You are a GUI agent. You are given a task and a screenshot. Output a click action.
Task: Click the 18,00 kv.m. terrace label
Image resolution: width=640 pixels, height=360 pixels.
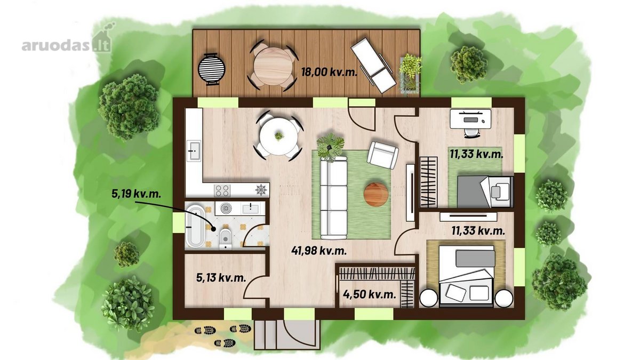pyautogui.click(x=330, y=71)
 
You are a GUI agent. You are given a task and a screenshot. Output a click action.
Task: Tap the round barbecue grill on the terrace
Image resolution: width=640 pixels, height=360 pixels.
pyautogui.click(x=211, y=69)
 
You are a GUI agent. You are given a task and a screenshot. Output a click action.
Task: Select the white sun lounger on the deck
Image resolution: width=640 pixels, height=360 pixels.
pyautogui.click(x=373, y=69)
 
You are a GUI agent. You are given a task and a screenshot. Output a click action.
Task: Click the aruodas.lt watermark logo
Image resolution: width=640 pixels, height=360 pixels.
pyautogui.click(x=67, y=41)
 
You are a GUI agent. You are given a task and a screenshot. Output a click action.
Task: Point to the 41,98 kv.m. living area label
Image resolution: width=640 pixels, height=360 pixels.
pyautogui.click(x=319, y=251)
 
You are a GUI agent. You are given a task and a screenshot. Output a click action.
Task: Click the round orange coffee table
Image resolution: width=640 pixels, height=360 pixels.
pyautogui.click(x=376, y=195)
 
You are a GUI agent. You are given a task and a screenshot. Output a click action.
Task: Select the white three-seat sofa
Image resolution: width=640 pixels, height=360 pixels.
pyautogui.click(x=333, y=198)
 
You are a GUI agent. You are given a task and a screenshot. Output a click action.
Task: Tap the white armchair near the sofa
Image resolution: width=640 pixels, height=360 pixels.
pyautogui.click(x=382, y=155)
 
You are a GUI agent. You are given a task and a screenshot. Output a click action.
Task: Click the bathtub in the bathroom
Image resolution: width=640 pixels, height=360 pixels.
pyautogui.click(x=195, y=226)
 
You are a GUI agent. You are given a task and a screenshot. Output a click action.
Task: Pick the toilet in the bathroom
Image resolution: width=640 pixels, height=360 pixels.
pyautogui.click(x=226, y=239)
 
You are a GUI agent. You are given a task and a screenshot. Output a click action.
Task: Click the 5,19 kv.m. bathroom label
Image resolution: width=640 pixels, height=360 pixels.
pyautogui.click(x=136, y=194)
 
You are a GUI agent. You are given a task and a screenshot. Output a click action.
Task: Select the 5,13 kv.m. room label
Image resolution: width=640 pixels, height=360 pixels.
pyautogui.click(x=221, y=277)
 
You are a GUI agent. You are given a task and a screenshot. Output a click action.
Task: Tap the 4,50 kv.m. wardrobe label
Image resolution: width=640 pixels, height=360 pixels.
pyautogui.click(x=370, y=294)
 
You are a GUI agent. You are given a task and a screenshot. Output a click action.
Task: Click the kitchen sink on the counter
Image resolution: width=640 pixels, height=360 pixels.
pyautogui.click(x=194, y=150)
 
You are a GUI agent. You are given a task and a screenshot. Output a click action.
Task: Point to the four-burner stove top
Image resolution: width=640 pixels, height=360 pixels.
pyautogui.click(x=222, y=190)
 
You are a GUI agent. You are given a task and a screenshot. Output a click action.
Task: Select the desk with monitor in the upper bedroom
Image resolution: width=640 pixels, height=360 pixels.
pyautogui.click(x=470, y=119)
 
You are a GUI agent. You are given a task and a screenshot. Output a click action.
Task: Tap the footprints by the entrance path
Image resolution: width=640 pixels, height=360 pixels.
pyautogui.click(x=223, y=336)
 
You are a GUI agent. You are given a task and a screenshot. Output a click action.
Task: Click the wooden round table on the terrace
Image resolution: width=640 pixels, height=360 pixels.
pyautogui.click(x=274, y=66)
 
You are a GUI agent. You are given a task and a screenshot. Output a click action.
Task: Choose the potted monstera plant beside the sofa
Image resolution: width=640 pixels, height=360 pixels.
pyautogui.click(x=330, y=147)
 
